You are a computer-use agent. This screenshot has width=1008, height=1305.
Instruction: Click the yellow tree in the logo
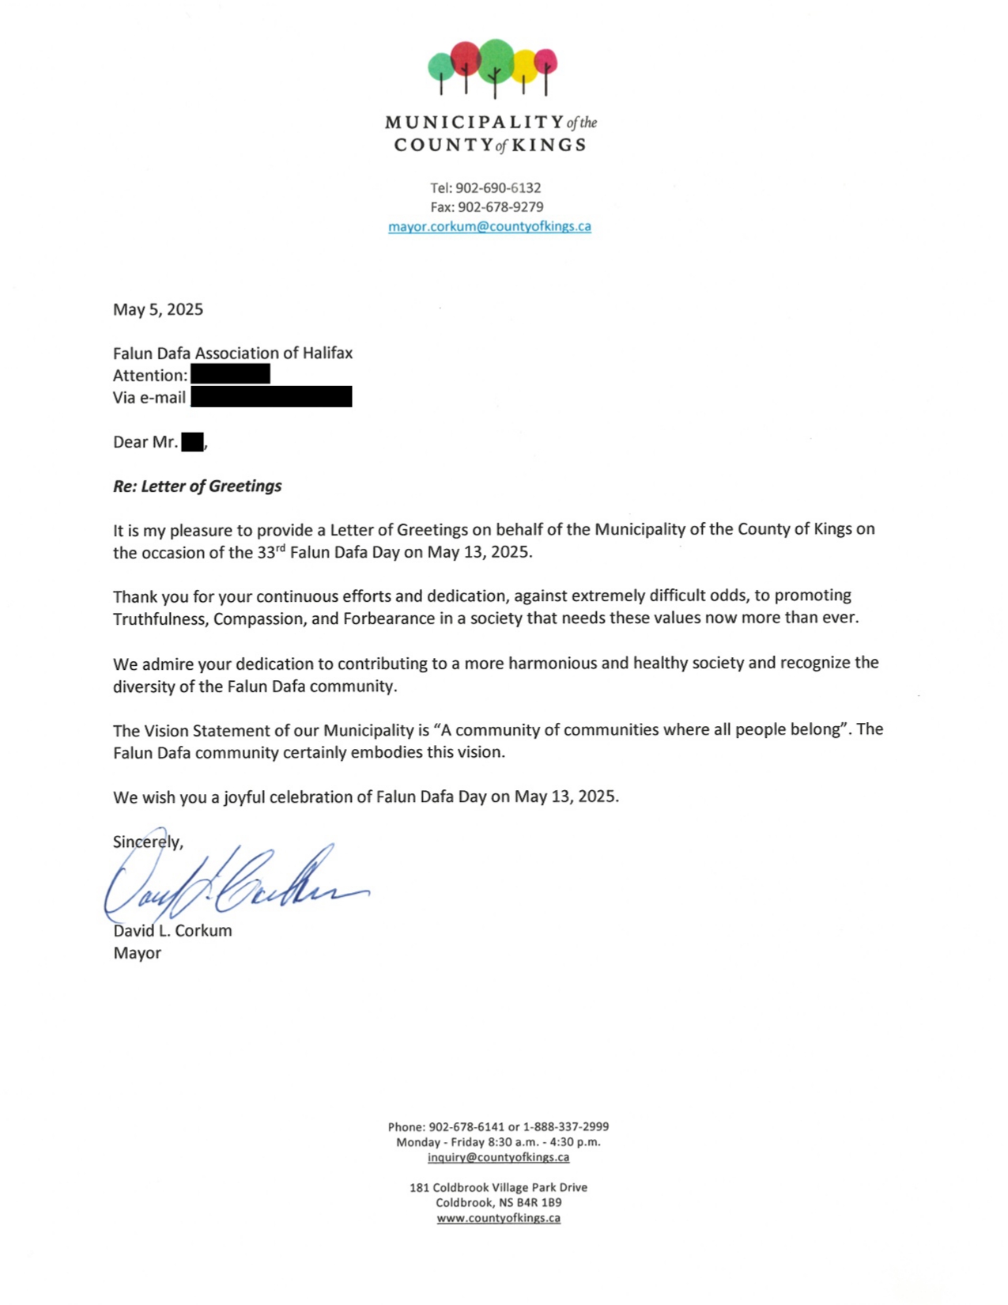coord(525,64)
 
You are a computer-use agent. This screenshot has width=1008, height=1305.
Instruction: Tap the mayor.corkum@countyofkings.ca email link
coord(489,226)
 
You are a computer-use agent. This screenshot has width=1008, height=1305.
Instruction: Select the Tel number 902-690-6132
coord(497,188)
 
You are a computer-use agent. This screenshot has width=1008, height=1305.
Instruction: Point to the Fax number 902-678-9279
coord(500,207)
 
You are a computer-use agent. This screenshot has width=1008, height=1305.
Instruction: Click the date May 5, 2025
coord(158,309)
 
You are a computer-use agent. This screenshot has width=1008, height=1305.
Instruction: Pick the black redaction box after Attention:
coord(230,374)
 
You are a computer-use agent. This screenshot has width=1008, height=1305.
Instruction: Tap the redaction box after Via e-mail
coord(271,396)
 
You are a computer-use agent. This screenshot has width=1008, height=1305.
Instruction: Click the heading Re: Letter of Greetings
coord(197,486)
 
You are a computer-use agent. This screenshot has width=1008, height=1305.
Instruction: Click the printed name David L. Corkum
coord(172,931)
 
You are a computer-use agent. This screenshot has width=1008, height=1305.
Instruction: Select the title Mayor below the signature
coord(137,953)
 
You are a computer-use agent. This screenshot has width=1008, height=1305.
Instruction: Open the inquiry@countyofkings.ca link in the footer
coord(498,1157)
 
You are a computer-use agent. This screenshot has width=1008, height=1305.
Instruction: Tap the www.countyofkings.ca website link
coord(498,1218)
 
